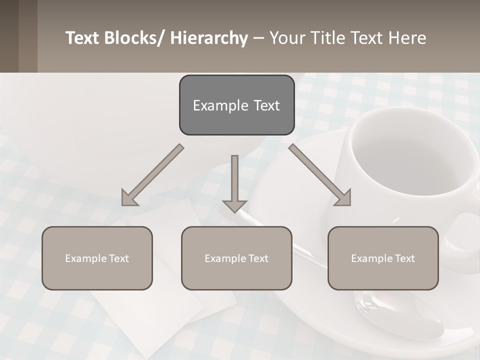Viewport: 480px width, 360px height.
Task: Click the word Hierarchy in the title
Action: [x=209, y=38]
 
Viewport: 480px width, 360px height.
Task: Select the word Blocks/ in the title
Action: [x=134, y=38]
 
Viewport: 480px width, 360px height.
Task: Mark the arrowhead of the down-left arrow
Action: [x=129, y=198]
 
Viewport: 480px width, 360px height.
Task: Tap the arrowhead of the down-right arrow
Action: [x=343, y=198]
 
